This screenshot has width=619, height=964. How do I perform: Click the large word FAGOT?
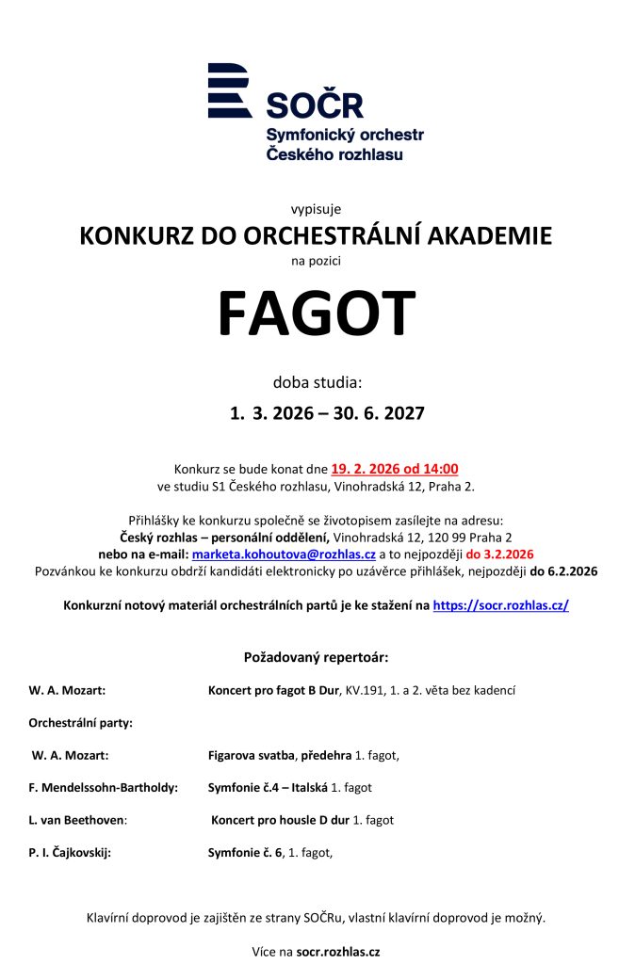tap(316, 313)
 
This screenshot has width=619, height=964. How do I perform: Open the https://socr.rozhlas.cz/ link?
tap(500, 605)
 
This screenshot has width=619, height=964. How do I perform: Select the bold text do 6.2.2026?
tap(562, 570)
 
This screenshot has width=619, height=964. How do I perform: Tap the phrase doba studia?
tap(317, 382)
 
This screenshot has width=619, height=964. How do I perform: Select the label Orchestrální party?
tap(80, 723)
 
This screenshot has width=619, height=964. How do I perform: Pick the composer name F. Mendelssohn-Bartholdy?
tap(103, 787)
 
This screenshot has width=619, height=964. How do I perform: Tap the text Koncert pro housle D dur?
tap(280, 820)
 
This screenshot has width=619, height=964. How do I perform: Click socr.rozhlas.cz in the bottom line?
tap(338, 952)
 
